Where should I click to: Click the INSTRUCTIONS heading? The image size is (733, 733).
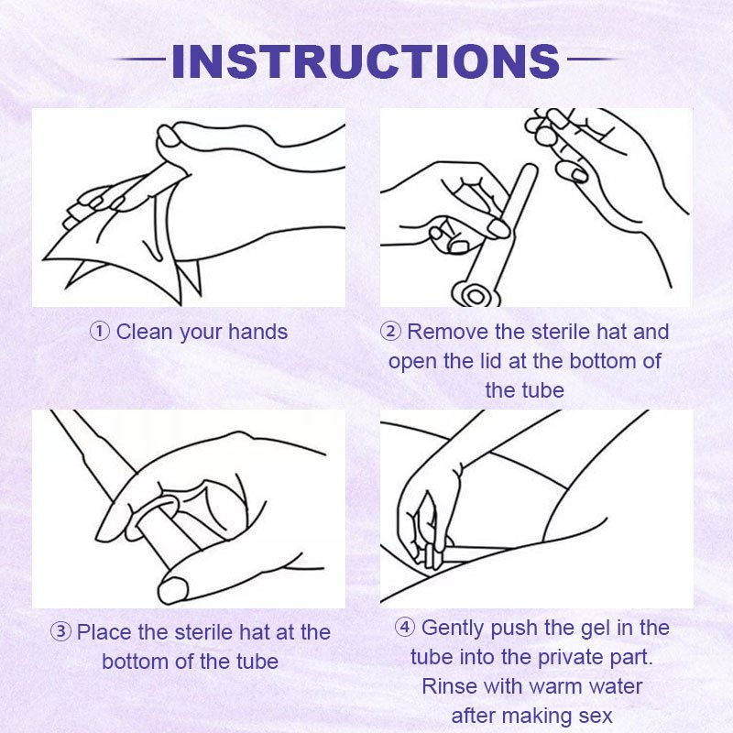click(x=366, y=60)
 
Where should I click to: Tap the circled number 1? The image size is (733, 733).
click(x=100, y=332)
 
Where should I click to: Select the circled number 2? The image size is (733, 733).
click(x=390, y=332)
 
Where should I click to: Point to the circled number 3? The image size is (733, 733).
click(x=60, y=632)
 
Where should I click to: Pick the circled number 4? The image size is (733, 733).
click(x=405, y=627)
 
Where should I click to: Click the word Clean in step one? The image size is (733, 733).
click(x=144, y=332)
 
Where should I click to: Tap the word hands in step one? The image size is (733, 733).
click(x=257, y=332)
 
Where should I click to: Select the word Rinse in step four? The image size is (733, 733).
click(x=449, y=686)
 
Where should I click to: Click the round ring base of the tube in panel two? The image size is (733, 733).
click(x=476, y=295)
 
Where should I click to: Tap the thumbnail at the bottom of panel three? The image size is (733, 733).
click(x=174, y=590)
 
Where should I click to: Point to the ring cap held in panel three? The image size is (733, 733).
click(x=153, y=513)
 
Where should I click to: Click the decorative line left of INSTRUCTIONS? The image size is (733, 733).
click(x=139, y=60)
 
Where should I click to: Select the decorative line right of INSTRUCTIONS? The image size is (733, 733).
click(x=594, y=60)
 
